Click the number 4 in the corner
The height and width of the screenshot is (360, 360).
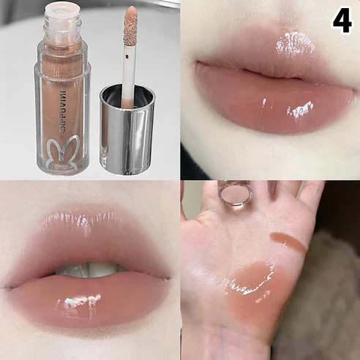(x=342, y=20)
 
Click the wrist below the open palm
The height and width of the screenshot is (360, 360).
(x=234, y=344)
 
